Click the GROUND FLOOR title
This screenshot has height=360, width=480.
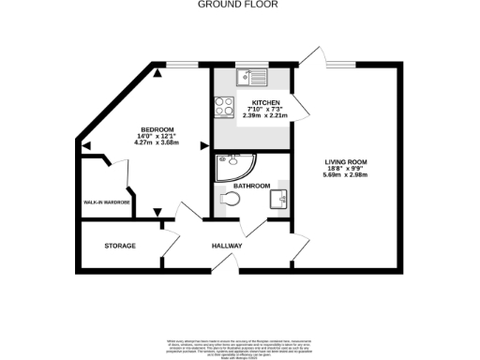pyautogui.click(x=239, y=5)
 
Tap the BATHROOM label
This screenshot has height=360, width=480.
pyautogui.click(x=251, y=186)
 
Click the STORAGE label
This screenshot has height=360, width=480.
pyautogui.click(x=120, y=246)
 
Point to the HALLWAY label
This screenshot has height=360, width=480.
pyautogui.click(x=227, y=246)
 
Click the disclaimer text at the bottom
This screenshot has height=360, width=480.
pyautogui.click(x=239, y=346)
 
